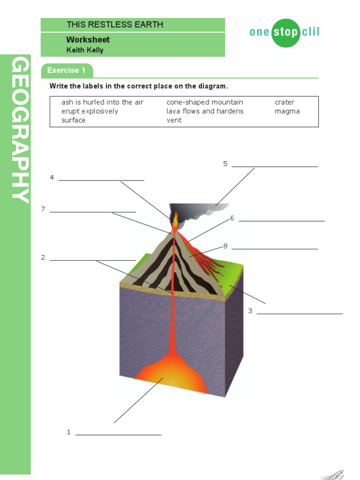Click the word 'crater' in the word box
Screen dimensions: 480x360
(285, 102)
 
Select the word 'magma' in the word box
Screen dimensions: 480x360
(287, 111)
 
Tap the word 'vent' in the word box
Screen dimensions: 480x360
(174, 120)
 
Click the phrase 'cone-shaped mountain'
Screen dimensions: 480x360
(205, 102)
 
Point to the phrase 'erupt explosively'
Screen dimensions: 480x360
(90, 111)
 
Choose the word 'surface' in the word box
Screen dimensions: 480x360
(74, 120)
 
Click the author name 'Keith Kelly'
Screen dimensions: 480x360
(85, 50)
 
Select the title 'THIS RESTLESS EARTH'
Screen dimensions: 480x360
(115, 25)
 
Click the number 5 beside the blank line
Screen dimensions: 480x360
(225, 164)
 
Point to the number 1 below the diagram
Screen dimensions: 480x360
(69, 432)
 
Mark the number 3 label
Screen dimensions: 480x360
(250, 311)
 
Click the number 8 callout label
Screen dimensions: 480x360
(225, 246)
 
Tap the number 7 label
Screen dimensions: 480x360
(43, 209)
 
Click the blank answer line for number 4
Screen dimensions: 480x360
(101, 180)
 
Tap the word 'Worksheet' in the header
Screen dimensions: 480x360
(88, 40)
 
